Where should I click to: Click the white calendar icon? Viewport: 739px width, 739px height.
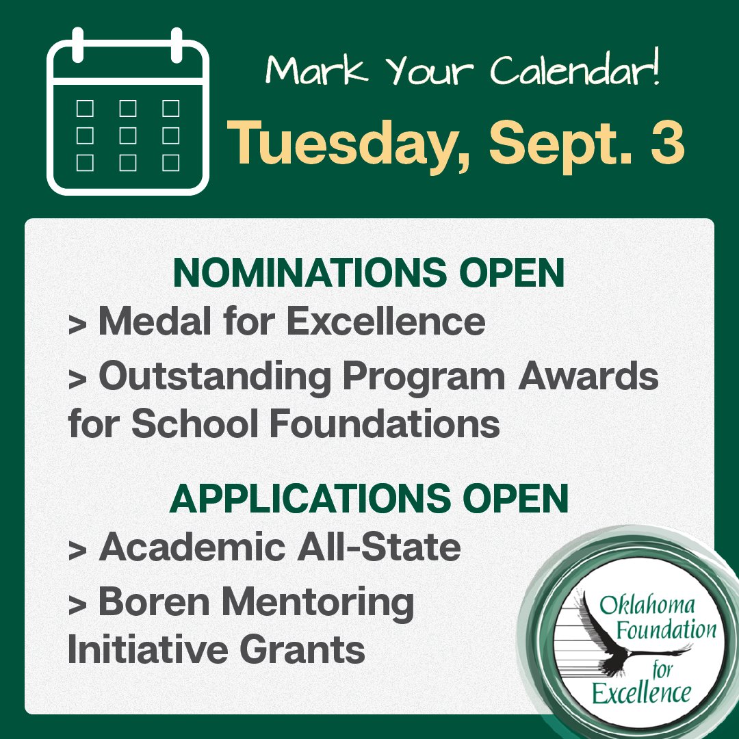[x=128, y=112]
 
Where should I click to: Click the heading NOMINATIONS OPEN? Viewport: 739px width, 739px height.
[x=369, y=274]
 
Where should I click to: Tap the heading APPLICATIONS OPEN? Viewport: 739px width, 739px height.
[x=369, y=500]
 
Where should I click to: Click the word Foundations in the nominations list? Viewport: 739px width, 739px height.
[x=384, y=424]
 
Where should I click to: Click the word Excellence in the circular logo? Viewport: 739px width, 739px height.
[x=641, y=694]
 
